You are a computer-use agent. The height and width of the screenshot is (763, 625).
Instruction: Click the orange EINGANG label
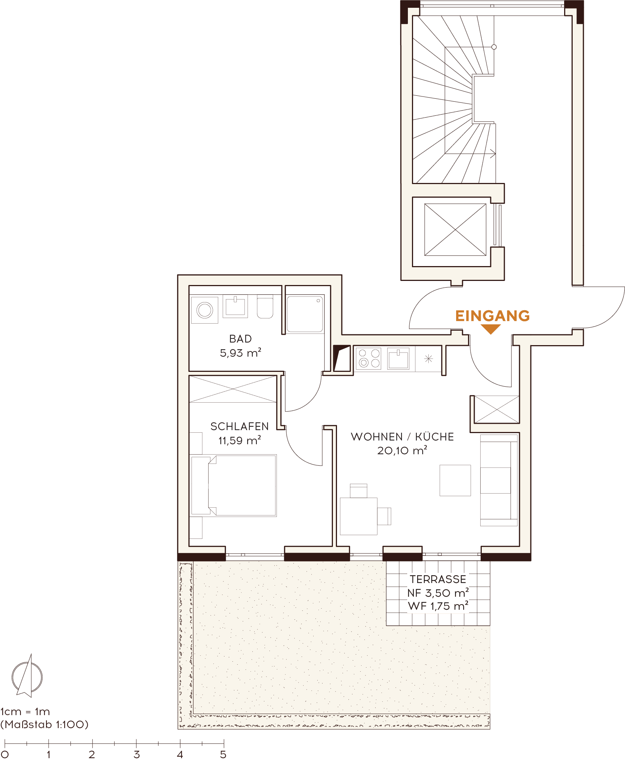(492, 316)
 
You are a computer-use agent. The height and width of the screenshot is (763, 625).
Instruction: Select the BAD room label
(240, 339)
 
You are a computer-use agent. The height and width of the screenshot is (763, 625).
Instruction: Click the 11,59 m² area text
(240, 441)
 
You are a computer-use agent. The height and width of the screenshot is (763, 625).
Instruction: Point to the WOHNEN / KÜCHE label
(402, 437)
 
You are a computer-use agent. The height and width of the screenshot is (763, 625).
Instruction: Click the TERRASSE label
(438, 579)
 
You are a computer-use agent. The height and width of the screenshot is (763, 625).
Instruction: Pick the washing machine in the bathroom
(204, 310)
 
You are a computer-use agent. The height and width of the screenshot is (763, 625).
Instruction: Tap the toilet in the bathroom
(265, 307)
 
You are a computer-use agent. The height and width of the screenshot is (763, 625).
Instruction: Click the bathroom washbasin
(235, 307)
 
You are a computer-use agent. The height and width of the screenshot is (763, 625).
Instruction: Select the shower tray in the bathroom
(305, 314)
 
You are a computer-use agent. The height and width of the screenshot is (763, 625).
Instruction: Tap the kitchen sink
(398, 358)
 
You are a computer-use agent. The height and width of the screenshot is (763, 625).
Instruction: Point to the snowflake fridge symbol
(429, 359)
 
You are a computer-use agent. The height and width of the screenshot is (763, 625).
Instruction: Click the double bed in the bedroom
(233, 485)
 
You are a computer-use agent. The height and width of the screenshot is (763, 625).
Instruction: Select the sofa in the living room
(499, 480)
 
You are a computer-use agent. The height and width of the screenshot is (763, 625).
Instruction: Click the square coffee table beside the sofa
(455, 480)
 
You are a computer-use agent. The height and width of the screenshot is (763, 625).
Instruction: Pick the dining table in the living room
(359, 516)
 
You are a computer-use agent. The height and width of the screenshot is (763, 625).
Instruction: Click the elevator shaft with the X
(455, 230)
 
